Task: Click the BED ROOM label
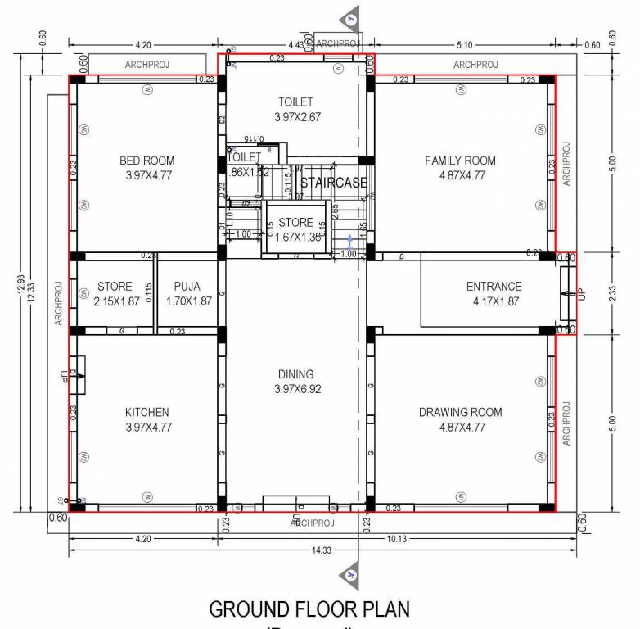pyautogui.click(x=146, y=161)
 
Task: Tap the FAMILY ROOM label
pyautogui.click(x=460, y=161)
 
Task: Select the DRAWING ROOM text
pyautogui.click(x=460, y=412)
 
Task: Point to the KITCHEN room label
pyautogui.click(x=146, y=412)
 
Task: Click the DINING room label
pyautogui.click(x=297, y=374)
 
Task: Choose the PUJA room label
pyautogui.click(x=187, y=287)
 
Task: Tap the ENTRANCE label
pyautogui.click(x=494, y=287)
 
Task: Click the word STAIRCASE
pyautogui.click(x=333, y=183)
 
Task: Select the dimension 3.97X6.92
pyautogui.click(x=297, y=389)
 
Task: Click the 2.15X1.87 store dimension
pyautogui.click(x=115, y=301)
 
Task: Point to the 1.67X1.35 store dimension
pyautogui.click(x=295, y=238)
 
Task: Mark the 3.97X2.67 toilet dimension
pyautogui.click(x=295, y=117)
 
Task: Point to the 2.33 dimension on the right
pyautogui.click(x=611, y=293)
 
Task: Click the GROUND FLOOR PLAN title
pyautogui.click(x=309, y=609)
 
